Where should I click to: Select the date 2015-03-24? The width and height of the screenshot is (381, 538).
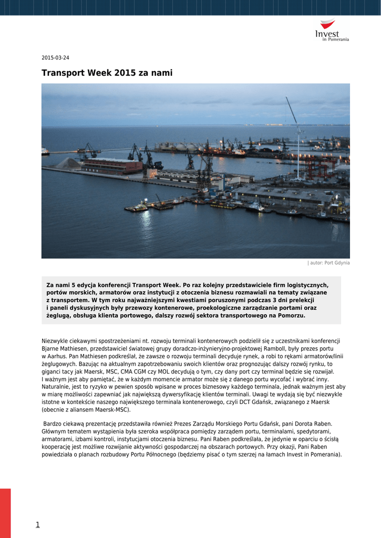(x=55, y=58)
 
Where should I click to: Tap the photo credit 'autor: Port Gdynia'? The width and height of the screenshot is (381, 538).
(x=329, y=263)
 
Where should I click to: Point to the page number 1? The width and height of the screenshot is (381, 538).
(x=37, y=524)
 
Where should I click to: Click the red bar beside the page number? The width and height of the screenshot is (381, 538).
(x=5, y=513)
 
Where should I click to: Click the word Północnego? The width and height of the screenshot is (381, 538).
(x=159, y=454)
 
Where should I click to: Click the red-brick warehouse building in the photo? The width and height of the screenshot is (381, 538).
(x=112, y=166)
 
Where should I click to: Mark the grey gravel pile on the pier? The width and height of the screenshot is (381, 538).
(x=69, y=163)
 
